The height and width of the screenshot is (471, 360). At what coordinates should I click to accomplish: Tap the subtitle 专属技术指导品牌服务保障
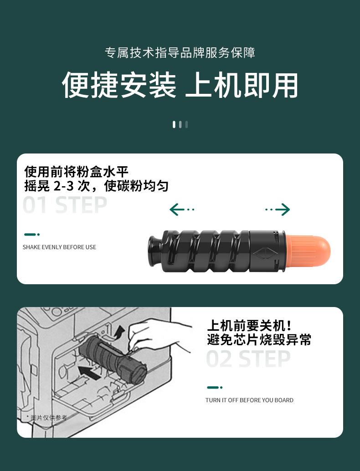click(180, 53)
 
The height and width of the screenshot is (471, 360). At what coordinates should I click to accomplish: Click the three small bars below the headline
click(180, 124)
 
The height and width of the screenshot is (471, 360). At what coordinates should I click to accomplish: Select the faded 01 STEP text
click(65, 205)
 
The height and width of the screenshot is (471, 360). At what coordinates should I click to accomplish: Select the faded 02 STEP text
click(248, 359)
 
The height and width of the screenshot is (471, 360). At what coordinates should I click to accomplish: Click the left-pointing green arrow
click(181, 210)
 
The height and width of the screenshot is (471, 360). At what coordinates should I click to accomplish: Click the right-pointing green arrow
click(278, 210)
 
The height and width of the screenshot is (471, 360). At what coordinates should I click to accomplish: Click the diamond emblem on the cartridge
click(265, 253)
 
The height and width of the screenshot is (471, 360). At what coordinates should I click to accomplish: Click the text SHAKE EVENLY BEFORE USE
click(59, 247)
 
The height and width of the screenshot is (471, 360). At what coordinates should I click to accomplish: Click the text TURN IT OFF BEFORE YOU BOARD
click(249, 400)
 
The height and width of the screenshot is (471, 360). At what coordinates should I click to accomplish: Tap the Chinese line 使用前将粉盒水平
click(77, 172)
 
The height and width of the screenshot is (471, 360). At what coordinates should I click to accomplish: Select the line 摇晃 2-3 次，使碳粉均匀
click(97, 186)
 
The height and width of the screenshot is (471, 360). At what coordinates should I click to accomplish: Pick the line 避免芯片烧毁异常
click(259, 339)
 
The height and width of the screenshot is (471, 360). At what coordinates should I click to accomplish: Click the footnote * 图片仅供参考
click(46, 417)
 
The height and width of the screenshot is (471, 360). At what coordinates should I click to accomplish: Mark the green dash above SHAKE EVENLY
click(31, 235)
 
